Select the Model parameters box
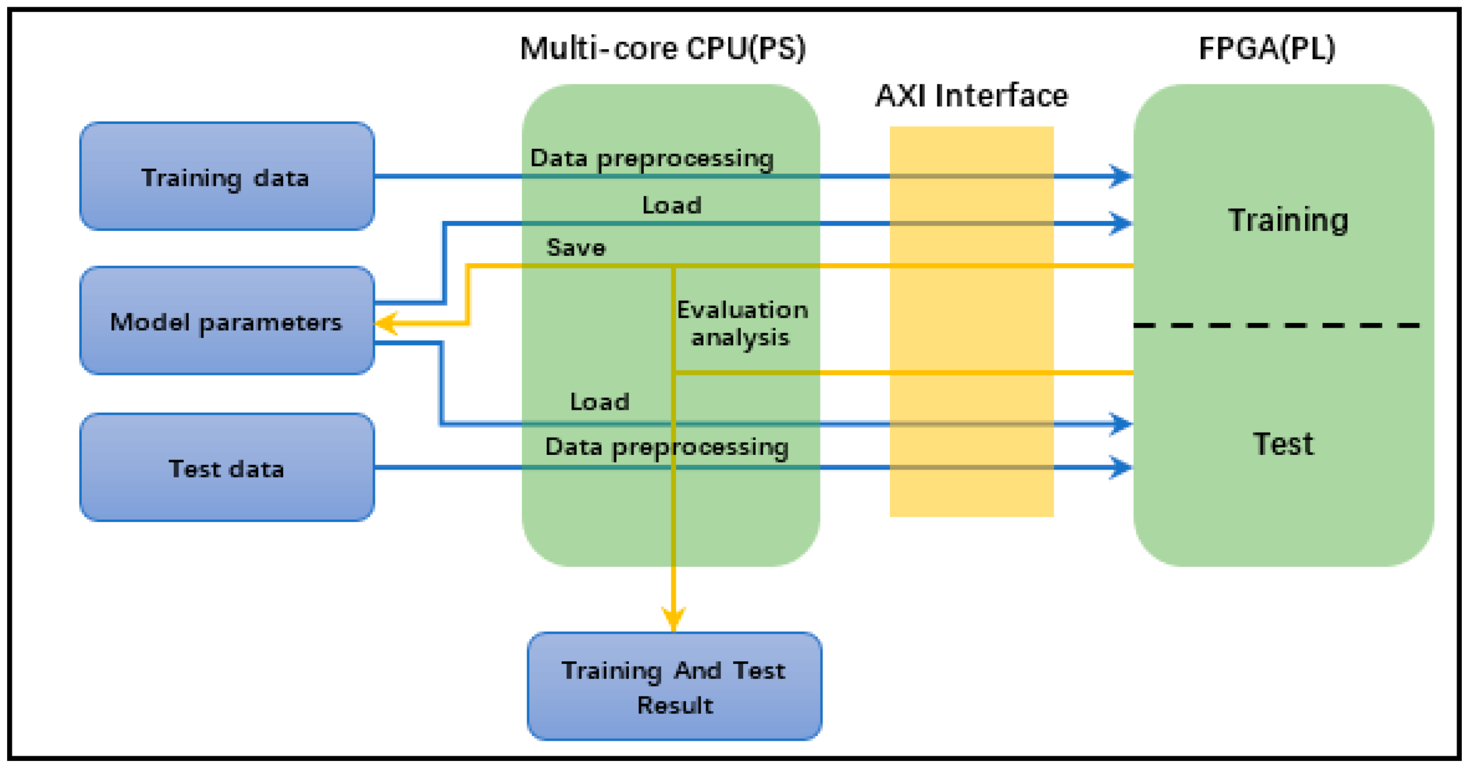click(226, 321)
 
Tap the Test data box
click(226, 467)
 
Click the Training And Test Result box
click(674, 687)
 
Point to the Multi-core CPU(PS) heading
click(662, 49)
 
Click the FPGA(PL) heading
click(1266, 49)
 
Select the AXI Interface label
click(971, 96)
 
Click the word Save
click(575, 248)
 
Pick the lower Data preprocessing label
click(666, 447)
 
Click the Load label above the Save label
click(671, 206)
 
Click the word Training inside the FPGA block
click(1288, 220)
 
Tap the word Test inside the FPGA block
click(1283, 444)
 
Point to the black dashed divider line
click(1276, 325)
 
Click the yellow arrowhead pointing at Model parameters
click(386, 323)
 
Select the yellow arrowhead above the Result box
click(674, 619)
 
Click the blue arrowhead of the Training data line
click(1121, 176)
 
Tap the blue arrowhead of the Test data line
click(1121, 467)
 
